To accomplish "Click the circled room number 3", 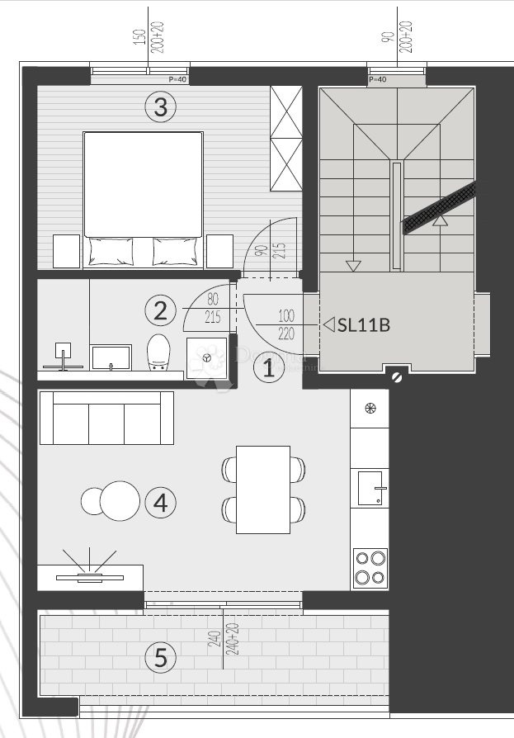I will click(160, 106).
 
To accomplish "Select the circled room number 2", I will click(160, 311).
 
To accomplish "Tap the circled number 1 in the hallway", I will click(268, 367).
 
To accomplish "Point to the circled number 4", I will click(160, 502).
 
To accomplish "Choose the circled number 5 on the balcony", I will click(160, 658).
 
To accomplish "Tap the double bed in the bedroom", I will click(144, 198).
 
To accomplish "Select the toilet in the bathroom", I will click(158, 354).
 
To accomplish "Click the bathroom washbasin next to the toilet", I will click(110, 357).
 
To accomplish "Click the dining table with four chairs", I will click(262, 490).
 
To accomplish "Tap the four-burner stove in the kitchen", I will click(370, 568).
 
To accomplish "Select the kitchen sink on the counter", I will click(370, 488).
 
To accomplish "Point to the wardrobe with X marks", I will click(286, 138).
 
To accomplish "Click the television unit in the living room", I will click(90, 575).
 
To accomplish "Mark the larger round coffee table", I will click(120, 501).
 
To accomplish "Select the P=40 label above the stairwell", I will click(377, 80).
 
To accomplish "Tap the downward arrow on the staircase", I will click(353, 266).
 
